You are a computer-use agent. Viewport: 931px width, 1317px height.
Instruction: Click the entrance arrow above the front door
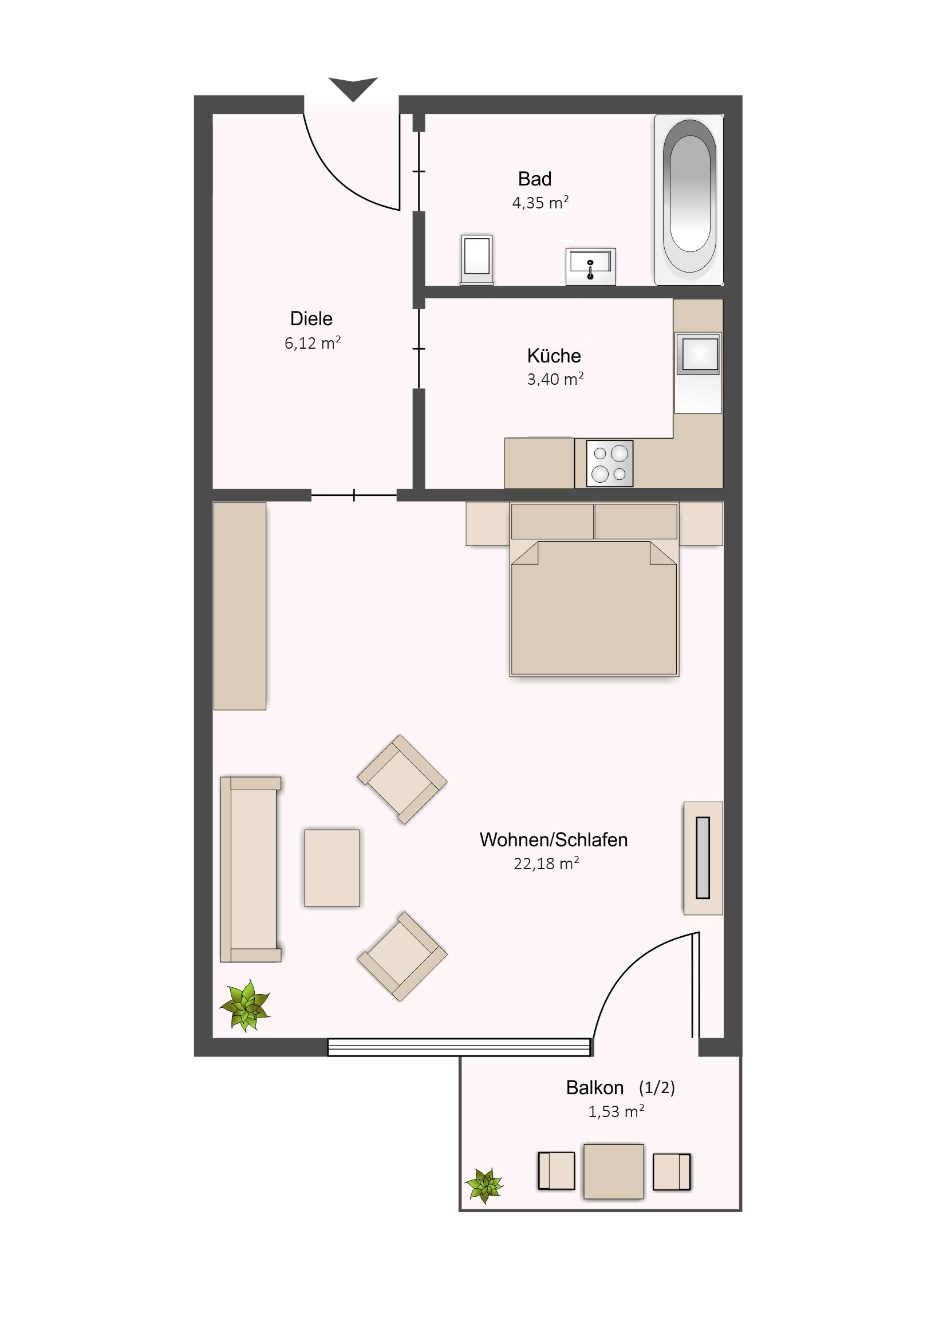(353, 87)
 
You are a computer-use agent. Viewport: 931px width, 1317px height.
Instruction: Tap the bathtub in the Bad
(689, 199)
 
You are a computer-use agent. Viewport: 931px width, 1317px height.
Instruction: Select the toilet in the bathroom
(477, 259)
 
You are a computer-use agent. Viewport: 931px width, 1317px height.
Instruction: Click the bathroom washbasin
(590, 266)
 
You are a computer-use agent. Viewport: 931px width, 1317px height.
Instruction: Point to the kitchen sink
(698, 353)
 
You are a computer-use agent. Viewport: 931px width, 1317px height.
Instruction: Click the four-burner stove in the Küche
(610, 463)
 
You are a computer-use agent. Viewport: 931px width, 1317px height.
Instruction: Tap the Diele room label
(311, 318)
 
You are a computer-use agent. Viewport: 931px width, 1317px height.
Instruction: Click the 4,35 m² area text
(541, 203)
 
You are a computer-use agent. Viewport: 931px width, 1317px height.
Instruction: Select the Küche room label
(554, 356)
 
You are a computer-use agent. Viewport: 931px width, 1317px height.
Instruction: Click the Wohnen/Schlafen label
(554, 839)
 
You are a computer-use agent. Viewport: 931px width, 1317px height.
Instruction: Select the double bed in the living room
(594, 589)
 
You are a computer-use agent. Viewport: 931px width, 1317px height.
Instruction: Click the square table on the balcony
(614, 1172)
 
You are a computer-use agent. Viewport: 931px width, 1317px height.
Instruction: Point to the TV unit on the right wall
(703, 858)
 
